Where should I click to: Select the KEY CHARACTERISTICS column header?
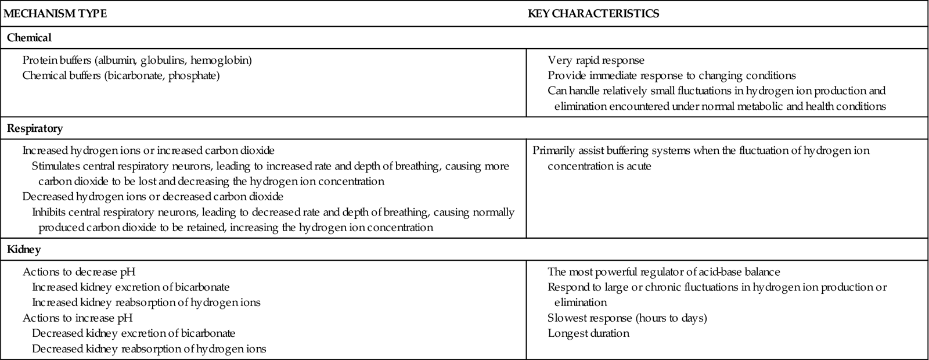pos(593,14)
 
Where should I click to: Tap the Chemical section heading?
pos(30,38)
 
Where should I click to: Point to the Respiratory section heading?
pos(35,128)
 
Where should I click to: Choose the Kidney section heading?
pos(24,250)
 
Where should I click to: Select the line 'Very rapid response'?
pos(596,60)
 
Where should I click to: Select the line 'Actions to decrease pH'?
pos(80,272)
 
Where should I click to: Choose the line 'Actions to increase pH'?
pos(78,318)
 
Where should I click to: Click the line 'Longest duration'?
pos(588,333)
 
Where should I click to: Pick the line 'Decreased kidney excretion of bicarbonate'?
pos(134,333)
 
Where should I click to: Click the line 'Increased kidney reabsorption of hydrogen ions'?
pos(146,303)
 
